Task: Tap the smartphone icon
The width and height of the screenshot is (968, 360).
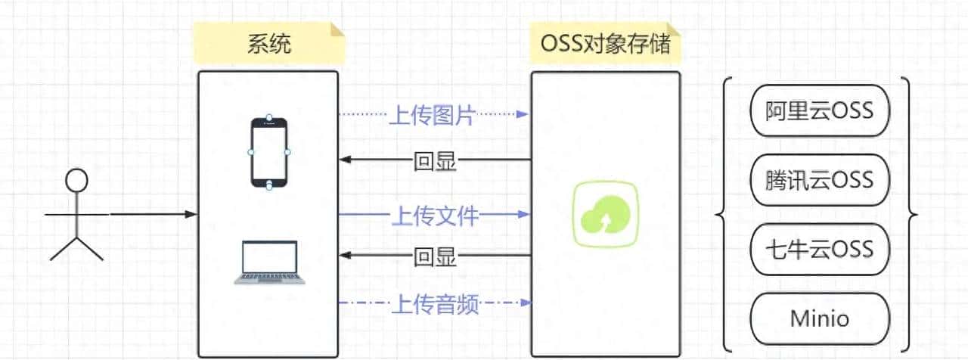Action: [x=270, y=152]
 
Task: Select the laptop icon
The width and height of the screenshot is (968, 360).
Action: [x=270, y=262]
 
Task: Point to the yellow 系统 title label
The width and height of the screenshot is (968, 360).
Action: [x=269, y=43]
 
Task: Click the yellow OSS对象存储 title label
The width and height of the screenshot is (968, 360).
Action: [x=605, y=43]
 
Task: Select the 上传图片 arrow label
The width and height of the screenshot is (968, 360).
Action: [x=432, y=115]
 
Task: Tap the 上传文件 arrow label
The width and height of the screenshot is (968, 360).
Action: [x=434, y=216]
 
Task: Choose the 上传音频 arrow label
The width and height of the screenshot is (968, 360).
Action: [x=434, y=304]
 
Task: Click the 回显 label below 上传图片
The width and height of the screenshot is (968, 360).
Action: [x=435, y=160]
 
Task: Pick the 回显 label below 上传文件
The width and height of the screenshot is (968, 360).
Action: [x=435, y=257]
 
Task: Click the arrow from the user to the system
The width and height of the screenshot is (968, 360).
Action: [x=151, y=215]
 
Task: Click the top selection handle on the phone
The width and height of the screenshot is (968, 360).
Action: [x=270, y=118]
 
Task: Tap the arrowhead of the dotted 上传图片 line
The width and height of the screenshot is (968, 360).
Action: [x=523, y=115]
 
